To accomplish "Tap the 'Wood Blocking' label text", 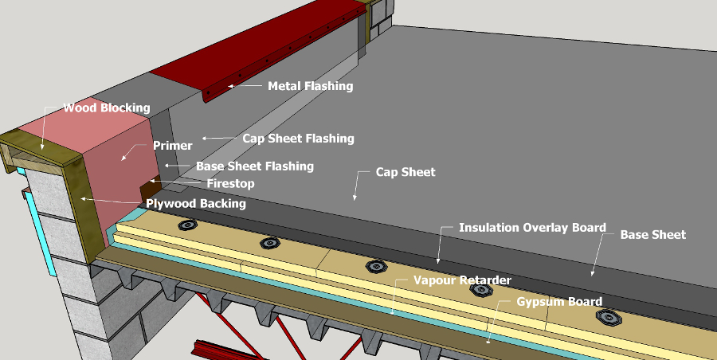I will pyautogui.click(x=107, y=108).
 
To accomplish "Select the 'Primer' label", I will pyautogui.click(x=173, y=146).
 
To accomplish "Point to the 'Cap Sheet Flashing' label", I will pyautogui.click(x=298, y=138).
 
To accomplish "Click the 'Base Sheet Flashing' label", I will pyautogui.click(x=255, y=166).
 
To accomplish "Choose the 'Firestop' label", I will pyautogui.click(x=230, y=183).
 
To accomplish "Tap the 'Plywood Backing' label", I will pyautogui.click(x=196, y=203).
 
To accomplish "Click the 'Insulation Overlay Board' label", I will pyautogui.click(x=532, y=227).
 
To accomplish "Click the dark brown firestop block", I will pyautogui.click(x=149, y=192).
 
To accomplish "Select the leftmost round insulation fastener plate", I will pyautogui.click(x=187, y=225).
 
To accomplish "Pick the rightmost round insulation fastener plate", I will pyautogui.click(x=609, y=319).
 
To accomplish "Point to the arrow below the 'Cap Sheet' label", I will pyautogui.click(x=357, y=189).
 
